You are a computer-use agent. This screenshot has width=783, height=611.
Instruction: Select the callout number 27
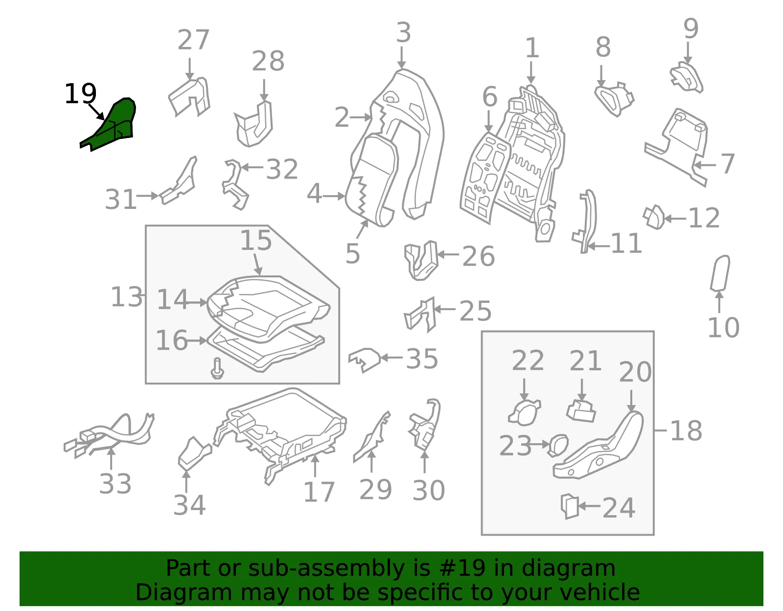coord(193,40)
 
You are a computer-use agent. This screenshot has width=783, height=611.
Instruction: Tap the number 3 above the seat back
coord(403,32)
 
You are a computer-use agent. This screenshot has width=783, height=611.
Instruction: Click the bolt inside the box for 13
coord(217,368)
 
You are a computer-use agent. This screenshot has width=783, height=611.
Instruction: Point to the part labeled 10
coord(720,272)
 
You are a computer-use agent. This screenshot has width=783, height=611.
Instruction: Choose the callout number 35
coord(422,359)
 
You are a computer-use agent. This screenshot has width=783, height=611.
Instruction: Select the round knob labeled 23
coord(557,445)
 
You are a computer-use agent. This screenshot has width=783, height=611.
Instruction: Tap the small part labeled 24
coord(569,506)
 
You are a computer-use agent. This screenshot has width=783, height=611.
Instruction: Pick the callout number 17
coord(319,492)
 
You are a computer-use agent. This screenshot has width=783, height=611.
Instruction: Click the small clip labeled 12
coord(654,217)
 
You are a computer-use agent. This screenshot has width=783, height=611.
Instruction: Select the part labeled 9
coord(686,77)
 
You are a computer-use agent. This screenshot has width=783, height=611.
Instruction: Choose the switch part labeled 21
coord(581,411)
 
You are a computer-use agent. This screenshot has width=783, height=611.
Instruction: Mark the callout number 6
coord(490,96)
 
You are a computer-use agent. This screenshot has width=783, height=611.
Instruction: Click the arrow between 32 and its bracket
coord(253,167)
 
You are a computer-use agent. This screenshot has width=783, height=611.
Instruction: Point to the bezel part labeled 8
coord(614,99)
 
